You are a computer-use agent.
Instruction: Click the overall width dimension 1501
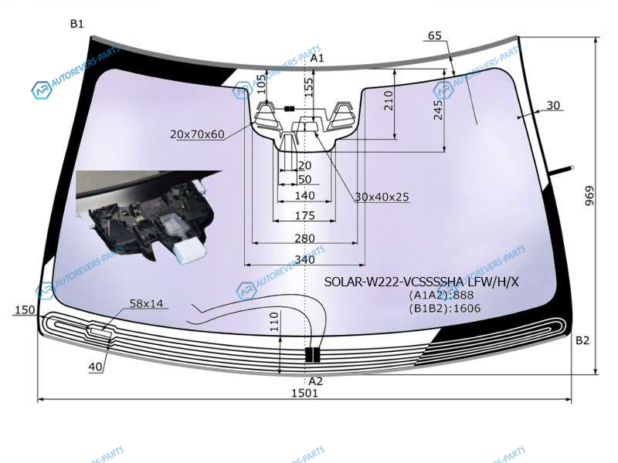click(304, 393)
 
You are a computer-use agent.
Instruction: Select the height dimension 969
click(589, 196)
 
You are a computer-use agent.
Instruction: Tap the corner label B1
click(76, 24)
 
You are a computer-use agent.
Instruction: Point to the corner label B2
click(582, 340)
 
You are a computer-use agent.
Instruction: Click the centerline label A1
click(317, 59)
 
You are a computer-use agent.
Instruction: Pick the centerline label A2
click(315, 381)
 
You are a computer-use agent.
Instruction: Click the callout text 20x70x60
click(197, 134)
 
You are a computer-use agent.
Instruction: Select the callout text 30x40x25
click(382, 197)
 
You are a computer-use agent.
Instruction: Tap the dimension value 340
click(304, 259)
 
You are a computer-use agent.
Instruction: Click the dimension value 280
click(304, 238)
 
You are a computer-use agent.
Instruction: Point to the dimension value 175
click(304, 216)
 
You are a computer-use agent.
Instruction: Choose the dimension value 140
click(304, 196)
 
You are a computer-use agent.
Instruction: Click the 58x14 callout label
click(146, 303)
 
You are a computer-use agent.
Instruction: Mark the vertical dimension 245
click(438, 110)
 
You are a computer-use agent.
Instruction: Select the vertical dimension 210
click(389, 100)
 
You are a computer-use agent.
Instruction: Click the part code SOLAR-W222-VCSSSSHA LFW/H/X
click(421, 282)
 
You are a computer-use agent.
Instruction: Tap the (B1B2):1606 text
click(445, 308)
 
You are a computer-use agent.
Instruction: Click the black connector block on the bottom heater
click(313, 355)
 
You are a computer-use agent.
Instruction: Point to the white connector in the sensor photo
click(190, 251)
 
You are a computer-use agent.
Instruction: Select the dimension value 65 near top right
click(434, 35)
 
